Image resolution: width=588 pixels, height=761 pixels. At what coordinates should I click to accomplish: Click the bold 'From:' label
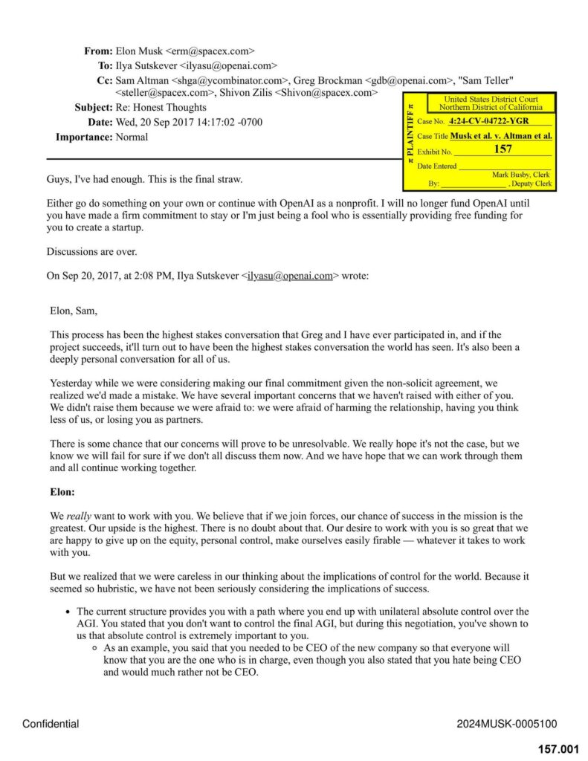pos(98,51)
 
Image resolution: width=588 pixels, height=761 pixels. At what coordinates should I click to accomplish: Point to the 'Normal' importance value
pos(132,137)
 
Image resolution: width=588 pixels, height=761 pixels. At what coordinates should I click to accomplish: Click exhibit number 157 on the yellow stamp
pos(503,149)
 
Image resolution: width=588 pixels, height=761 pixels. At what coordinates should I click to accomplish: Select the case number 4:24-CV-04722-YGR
pos(488,120)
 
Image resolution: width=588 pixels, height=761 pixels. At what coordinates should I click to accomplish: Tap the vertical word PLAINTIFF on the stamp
pos(410,137)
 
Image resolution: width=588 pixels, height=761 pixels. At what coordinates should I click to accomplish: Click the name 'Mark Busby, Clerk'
pos(521,175)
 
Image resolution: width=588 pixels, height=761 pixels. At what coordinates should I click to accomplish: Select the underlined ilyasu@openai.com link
pos(290,276)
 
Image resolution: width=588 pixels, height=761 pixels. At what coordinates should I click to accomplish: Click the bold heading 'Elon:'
pos(62,492)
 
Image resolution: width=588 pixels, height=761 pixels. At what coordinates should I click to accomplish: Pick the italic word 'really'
pos(79,516)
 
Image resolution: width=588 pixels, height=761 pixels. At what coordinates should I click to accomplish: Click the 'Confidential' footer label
pos(51,724)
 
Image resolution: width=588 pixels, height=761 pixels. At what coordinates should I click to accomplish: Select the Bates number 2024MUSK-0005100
pos(506,724)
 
